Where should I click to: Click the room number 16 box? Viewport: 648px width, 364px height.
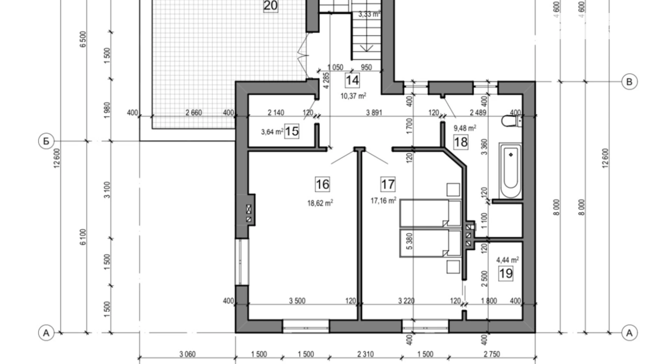pos(322,184)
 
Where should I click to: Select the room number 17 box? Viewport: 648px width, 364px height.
pos(388,184)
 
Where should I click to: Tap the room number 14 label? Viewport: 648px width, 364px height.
pos(352,80)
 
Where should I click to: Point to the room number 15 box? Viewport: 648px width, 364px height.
pos(291,131)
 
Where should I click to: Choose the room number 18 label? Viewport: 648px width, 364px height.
pos(461,142)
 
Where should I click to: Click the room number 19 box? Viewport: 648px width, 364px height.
pos(506,273)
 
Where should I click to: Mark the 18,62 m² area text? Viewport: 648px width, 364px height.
pos(320,203)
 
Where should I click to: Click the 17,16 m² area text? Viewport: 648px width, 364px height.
pos(384,201)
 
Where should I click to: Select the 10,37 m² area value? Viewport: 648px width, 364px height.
pos(353,96)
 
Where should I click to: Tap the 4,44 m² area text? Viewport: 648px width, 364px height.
pos(508,260)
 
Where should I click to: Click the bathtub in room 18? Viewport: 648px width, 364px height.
pos(510,171)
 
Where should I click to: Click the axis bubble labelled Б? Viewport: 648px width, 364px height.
pos(46,141)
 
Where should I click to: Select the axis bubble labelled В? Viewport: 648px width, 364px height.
pos(629,82)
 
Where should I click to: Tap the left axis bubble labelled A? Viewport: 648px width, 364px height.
pos(46,333)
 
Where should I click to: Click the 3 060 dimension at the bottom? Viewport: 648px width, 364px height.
pos(187,354)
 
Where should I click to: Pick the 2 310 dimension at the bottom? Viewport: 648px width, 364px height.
pos(365,354)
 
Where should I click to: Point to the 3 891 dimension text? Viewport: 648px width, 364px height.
pos(374,113)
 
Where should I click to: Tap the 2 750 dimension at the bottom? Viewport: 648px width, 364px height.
pos(492,354)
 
